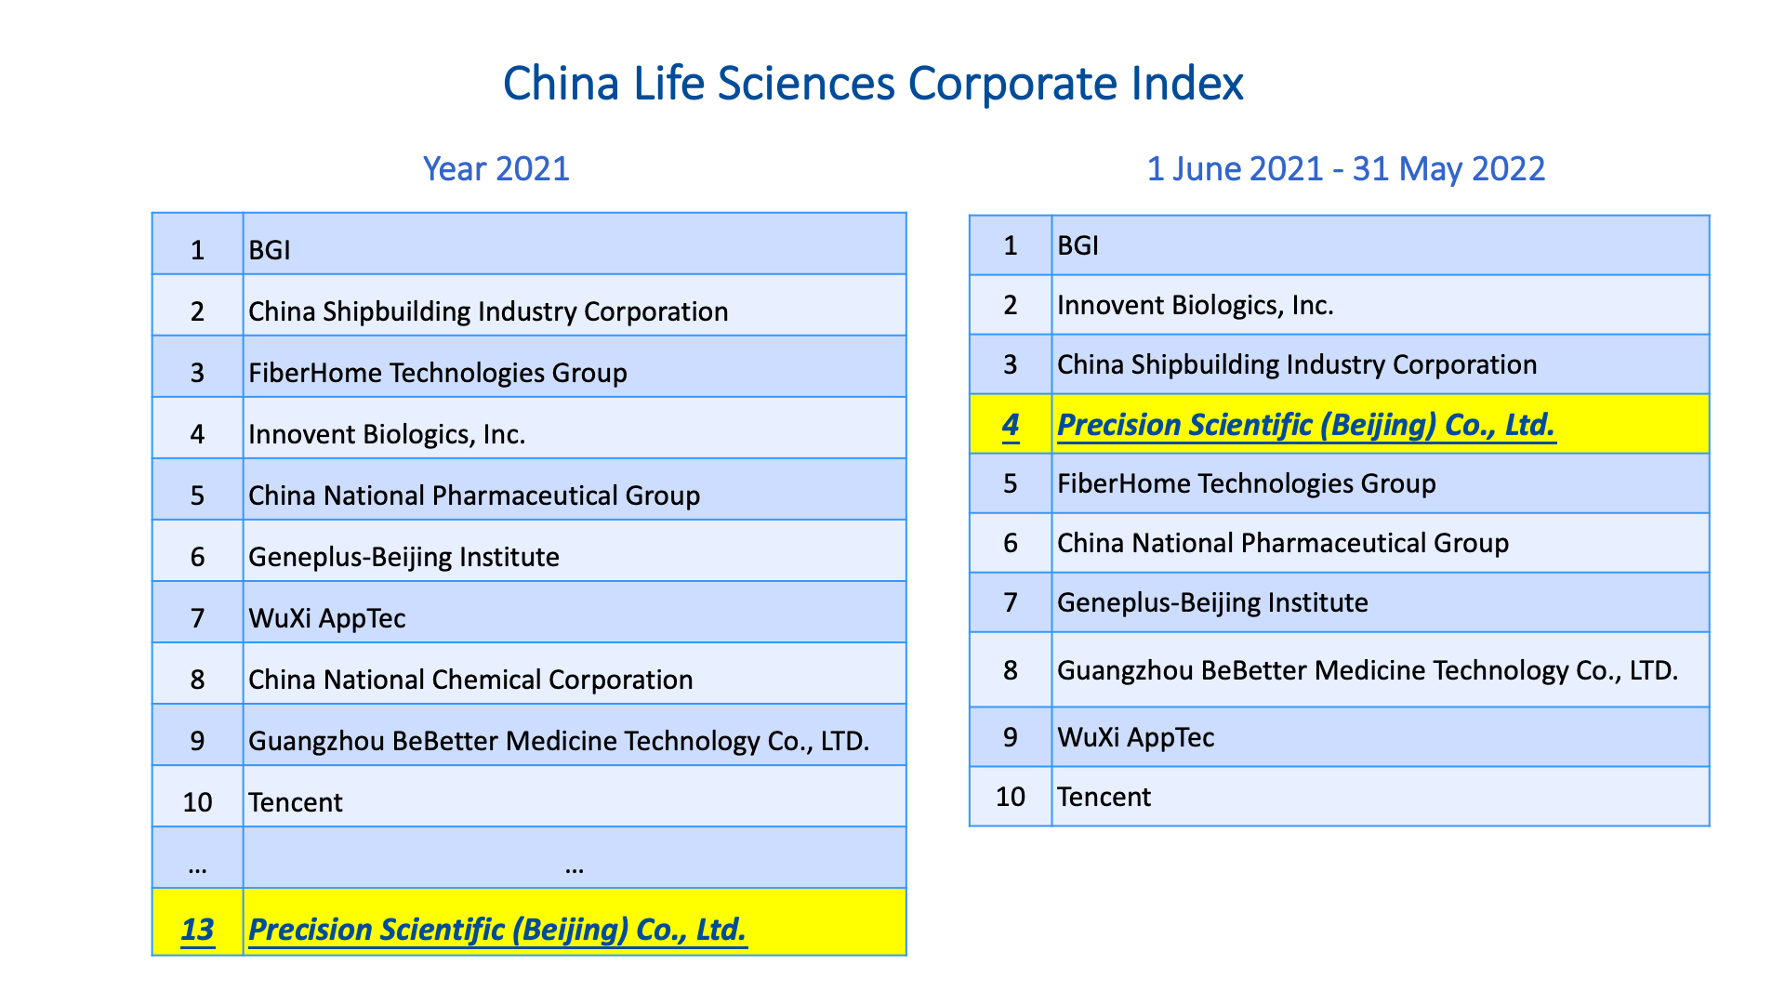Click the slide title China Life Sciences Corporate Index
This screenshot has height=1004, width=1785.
(x=873, y=84)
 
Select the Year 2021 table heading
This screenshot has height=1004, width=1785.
(x=496, y=169)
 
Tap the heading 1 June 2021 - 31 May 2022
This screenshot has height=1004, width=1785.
(x=1346, y=169)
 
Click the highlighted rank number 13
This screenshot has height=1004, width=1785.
(x=197, y=930)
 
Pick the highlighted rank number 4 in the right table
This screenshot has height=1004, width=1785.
(x=1011, y=425)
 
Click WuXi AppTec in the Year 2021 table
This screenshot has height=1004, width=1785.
(x=327, y=618)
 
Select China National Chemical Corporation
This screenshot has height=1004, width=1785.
(x=470, y=680)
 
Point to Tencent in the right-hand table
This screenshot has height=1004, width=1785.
(x=1104, y=797)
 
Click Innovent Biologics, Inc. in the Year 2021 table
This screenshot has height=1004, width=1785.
(x=387, y=434)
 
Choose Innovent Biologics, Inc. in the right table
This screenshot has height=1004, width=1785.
(x=1196, y=306)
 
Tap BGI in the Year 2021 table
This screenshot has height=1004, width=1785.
(x=270, y=250)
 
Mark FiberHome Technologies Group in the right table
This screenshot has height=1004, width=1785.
(x=1247, y=484)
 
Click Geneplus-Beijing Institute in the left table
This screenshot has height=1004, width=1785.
(x=403, y=557)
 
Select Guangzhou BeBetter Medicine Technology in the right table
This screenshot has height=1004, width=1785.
(x=1368, y=670)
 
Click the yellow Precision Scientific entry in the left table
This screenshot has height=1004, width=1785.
(x=497, y=930)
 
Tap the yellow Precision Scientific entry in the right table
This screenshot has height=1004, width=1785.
(x=1306, y=425)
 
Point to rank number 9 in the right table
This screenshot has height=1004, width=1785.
(x=1011, y=737)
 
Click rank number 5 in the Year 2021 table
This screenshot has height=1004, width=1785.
(x=197, y=495)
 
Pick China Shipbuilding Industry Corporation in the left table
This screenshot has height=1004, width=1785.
(x=488, y=311)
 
